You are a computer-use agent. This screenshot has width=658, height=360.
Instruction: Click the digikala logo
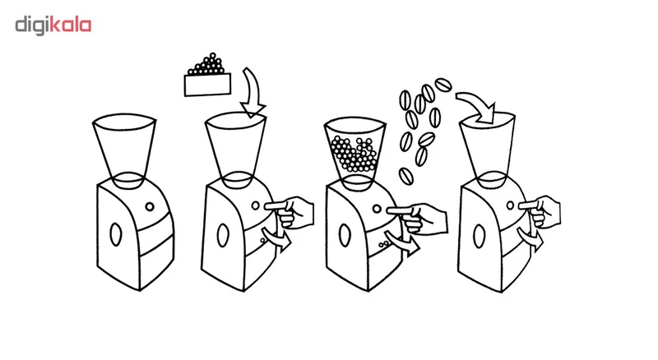53,25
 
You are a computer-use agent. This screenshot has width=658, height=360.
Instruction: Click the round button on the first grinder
150,207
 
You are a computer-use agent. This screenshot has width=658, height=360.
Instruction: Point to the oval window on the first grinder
115,233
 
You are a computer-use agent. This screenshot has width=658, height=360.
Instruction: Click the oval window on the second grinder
223,235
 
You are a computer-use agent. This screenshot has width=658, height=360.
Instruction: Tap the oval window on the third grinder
345,235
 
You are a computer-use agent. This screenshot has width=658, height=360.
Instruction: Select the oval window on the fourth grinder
479,236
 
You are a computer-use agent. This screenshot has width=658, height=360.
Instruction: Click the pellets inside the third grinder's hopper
354,154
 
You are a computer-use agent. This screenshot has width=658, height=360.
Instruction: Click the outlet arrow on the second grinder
276,238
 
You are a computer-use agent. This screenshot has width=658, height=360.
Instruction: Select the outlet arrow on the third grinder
403,243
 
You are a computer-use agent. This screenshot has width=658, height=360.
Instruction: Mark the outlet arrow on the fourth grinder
530,238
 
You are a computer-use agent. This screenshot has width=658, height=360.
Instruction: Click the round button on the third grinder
377,209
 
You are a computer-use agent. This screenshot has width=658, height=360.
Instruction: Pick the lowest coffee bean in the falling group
405,175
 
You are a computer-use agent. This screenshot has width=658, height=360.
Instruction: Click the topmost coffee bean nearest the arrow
443,85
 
